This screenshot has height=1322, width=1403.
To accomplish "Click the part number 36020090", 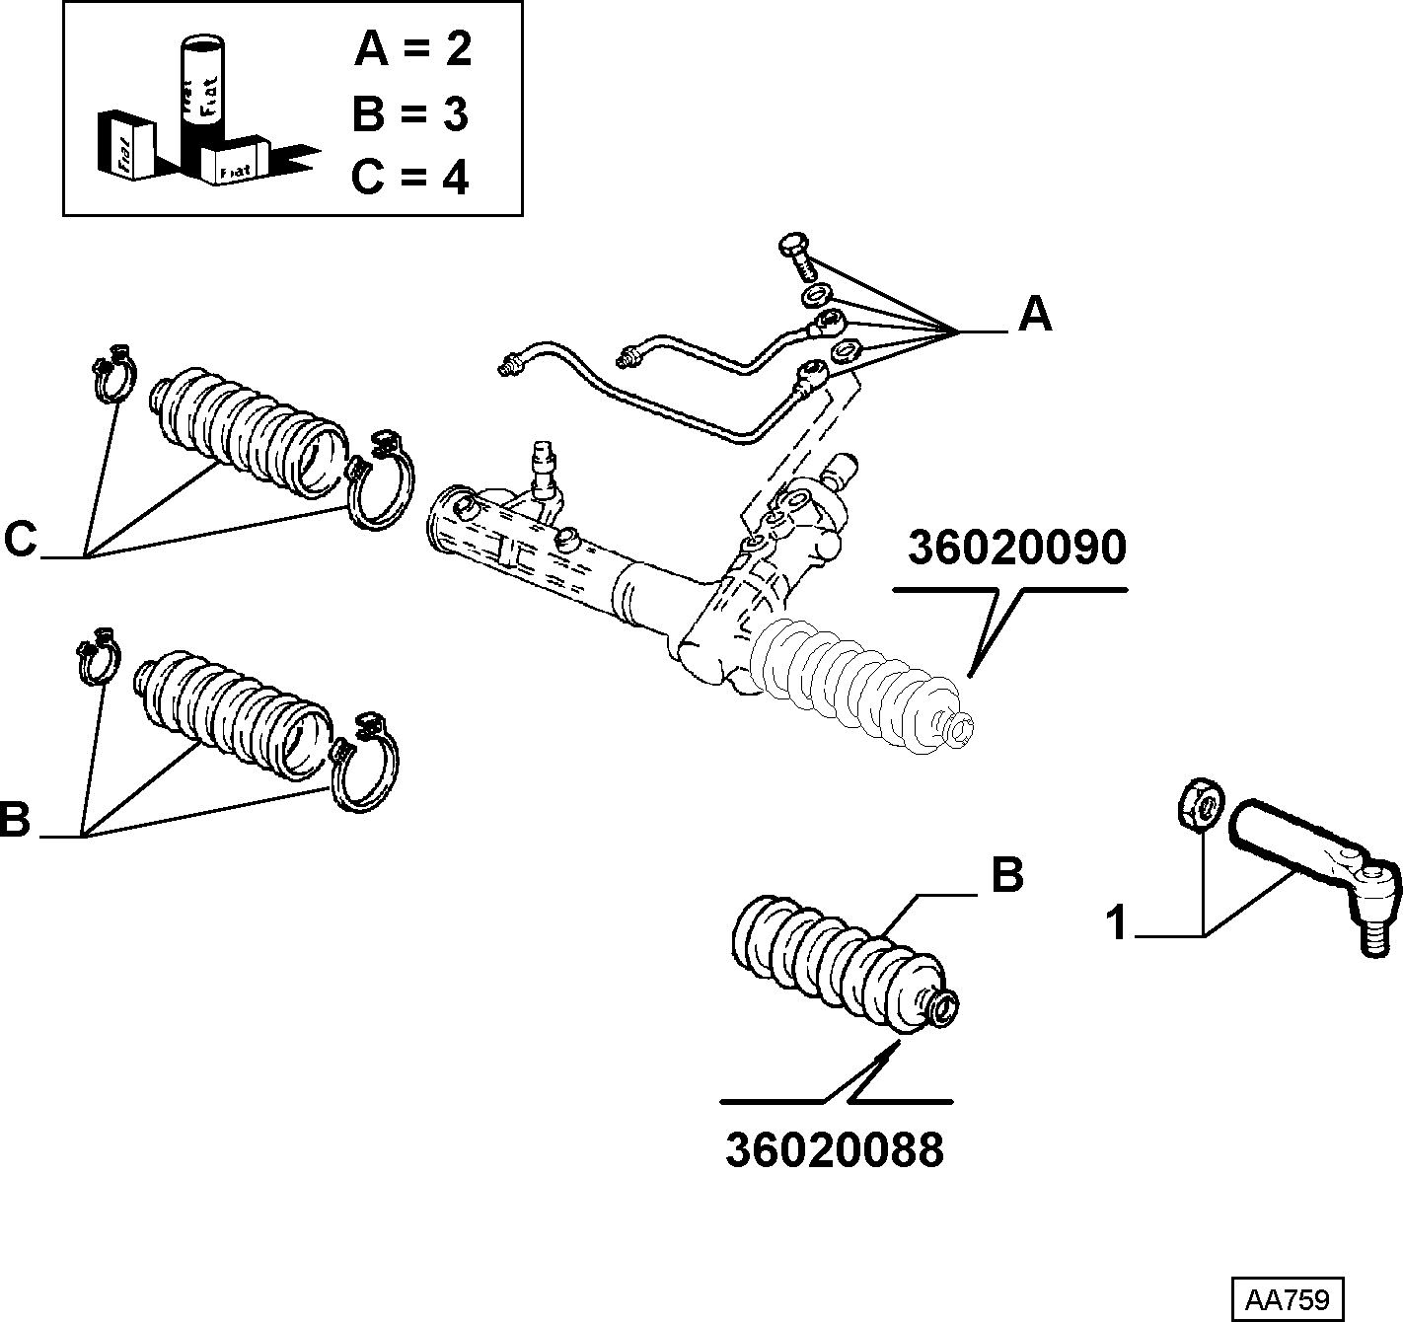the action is (1016, 549).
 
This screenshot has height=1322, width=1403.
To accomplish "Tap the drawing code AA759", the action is (1288, 1299).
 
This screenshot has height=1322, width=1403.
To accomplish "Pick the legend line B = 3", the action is (410, 113).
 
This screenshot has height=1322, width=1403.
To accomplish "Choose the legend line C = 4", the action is (409, 177).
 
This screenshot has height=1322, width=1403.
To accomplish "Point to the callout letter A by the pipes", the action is (1035, 314).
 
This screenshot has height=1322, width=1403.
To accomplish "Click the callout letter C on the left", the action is (21, 539).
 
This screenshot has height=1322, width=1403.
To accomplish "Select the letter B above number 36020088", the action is (1007, 875).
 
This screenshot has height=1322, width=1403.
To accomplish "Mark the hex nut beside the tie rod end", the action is (1201, 803).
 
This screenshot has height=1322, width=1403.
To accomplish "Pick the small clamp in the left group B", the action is (97, 655).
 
